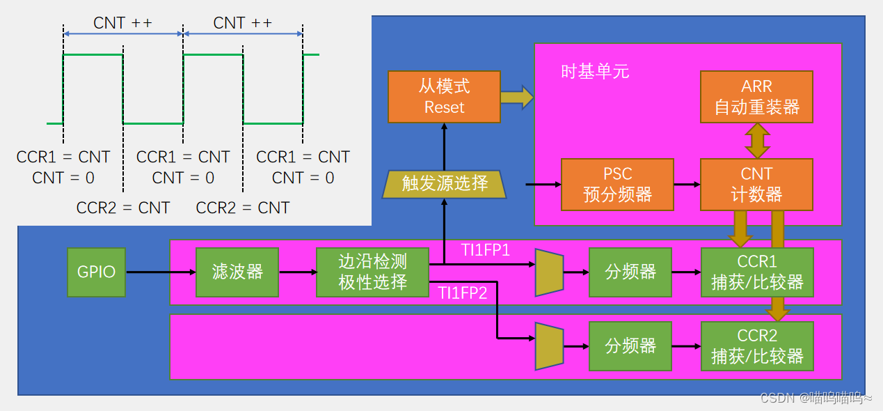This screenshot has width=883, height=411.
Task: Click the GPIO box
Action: coord(97,272)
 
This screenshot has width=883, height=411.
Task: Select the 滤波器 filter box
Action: coord(237,272)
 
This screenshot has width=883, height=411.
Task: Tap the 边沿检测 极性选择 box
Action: coord(372,272)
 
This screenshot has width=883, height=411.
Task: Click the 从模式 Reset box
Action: coord(444,97)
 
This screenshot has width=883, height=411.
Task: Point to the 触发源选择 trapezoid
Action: coord(445,184)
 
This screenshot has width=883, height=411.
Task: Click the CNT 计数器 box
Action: coord(756,185)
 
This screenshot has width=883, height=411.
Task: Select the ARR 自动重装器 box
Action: coord(756,97)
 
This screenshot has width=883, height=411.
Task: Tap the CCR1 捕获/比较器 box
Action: coord(757,272)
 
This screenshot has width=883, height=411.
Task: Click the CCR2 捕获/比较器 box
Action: coord(757,346)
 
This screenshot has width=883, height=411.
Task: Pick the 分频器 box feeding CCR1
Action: coord(630,272)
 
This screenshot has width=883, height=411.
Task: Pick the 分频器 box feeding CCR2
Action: coord(630,346)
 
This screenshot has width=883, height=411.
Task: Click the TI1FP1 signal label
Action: coord(486,250)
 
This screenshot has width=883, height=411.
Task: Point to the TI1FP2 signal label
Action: coord(463,293)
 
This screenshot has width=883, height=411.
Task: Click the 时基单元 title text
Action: coord(595,72)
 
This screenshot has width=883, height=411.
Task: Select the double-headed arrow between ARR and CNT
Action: coord(756,141)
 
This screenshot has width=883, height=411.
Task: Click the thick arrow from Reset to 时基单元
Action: coord(516,97)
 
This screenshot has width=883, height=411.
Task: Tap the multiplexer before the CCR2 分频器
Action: coord(548,346)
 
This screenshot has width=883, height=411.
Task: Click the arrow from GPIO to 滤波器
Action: coord(161,272)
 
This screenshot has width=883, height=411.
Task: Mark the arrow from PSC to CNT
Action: coord(687,185)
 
